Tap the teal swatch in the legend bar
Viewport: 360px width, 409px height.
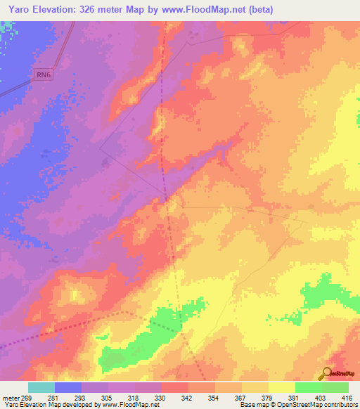click(41, 387)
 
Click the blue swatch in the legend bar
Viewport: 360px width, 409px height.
click(68, 387)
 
